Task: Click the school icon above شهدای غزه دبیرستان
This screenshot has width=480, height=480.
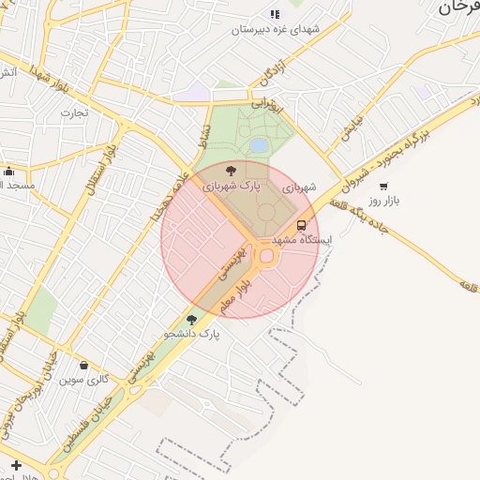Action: click(275, 14)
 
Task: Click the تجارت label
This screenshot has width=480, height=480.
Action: click(74, 113)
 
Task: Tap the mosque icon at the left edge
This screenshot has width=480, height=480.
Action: click(8, 171)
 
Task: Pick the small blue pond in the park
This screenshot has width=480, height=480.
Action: click(258, 145)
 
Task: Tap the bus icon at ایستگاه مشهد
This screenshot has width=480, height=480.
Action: click(302, 225)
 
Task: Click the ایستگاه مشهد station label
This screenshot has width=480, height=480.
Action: click(305, 240)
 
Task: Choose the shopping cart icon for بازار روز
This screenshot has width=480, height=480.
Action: click(384, 187)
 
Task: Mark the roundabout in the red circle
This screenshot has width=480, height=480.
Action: click(267, 255)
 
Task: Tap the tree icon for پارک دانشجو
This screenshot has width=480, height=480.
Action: click(192, 319)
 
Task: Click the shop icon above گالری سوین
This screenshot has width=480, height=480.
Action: click(85, 366)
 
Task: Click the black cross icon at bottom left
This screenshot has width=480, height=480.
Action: click(16, 465)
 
